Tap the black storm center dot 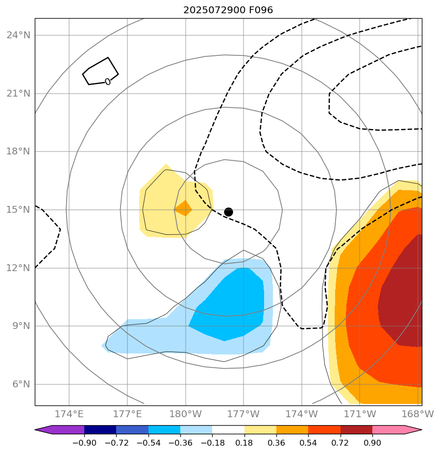[228, 212]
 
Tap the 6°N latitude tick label [20, 384]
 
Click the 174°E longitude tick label [69, 414]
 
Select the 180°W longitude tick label [186, 414]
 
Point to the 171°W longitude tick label [360, 414]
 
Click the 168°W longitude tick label [417, 414]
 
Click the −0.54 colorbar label [148, 443]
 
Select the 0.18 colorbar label [244, 443]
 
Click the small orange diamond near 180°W [183, 208]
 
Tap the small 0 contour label [108, 81]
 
